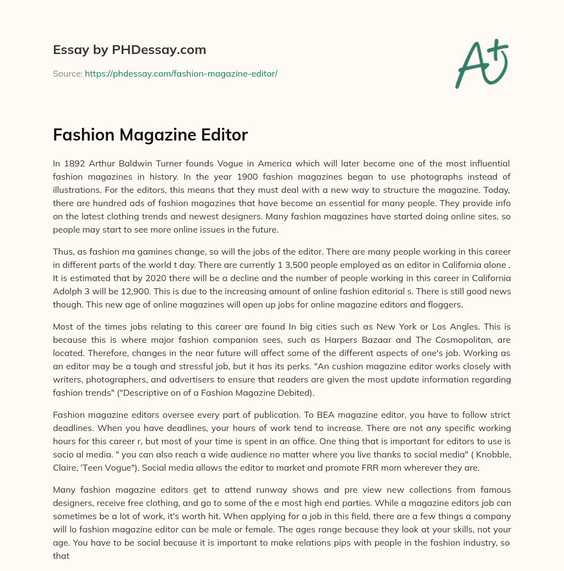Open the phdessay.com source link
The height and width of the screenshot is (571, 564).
(181, 73)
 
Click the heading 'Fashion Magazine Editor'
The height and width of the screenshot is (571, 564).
(150, 134)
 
